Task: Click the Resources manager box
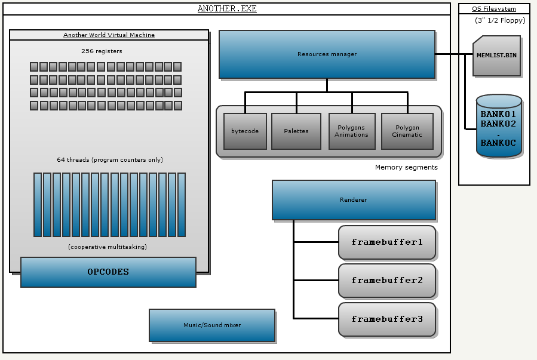coord(327,54)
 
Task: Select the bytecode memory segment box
coord(245,131)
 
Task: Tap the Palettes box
coord(296,131)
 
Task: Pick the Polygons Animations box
coord(351,131)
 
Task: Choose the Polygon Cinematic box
coord(407,131)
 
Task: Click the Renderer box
coord(354,200)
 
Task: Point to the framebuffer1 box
coord(387,242)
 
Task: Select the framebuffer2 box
coord(387,281)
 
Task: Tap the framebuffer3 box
coord(387,319)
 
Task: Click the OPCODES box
coord(108,272)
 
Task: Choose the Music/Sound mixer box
coord(212,325)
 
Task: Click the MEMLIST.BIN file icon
coord(496,56)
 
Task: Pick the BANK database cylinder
coord(499,127)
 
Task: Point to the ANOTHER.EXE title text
coord(226,9)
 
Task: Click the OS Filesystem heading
coord(494,8)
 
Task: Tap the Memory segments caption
coord(406,167)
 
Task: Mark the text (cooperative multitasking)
coord(108,247)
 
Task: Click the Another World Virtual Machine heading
coord(109,35)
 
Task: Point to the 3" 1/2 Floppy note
coord(500,21)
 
